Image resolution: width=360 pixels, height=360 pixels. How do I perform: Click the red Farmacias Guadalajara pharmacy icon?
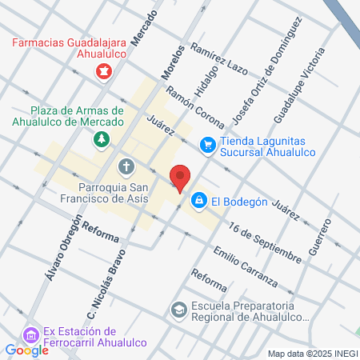103,71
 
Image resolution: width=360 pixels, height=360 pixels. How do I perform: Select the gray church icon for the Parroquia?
126,166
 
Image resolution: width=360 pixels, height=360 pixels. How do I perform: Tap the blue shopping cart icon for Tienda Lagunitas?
208,145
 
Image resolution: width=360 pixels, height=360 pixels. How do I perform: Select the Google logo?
26,350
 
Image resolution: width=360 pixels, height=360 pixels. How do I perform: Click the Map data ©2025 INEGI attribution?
311,354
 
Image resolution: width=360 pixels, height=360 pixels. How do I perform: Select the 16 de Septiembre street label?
263,242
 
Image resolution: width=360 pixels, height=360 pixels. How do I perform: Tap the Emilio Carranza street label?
245,267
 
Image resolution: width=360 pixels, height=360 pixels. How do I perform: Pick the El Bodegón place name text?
239,202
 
